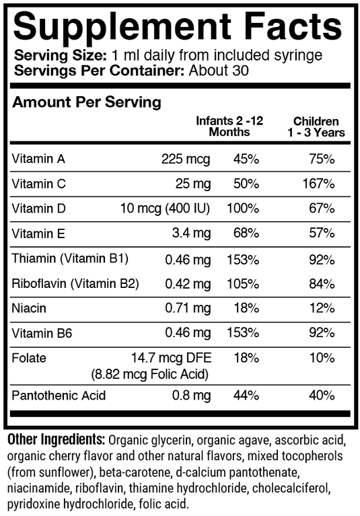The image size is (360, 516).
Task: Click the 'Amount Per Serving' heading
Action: tap(87, 103)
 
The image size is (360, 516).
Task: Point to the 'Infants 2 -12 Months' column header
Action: tap(229, 126)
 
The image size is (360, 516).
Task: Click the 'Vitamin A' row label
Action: tap(38, 159)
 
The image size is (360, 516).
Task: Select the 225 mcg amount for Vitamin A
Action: tap(186, 159)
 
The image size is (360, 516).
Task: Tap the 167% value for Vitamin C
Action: tap(318, 184)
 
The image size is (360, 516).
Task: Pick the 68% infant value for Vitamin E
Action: tap(246, 233)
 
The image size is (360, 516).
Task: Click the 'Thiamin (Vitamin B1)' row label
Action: tap(70, 259)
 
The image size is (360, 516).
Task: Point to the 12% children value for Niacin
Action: tap(321, 309)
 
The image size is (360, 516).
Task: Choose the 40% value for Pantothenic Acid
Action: tap(321, 395)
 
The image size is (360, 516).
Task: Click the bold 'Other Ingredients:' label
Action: tap(56, 441)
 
